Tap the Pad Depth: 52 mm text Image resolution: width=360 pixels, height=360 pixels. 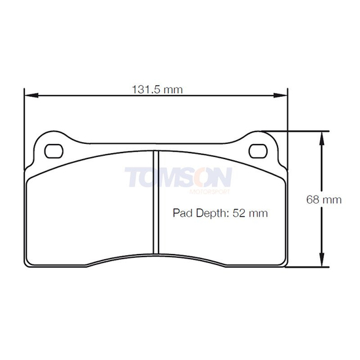pyautogui.click(x=220, y=213)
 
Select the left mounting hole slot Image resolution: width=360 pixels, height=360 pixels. pyautogui.click(x=52, y=149)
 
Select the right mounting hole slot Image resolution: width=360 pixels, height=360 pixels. pyautogui.click(x=259, y=149)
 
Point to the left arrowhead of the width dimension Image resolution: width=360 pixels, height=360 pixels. pyautogui.click(x=29, y=96)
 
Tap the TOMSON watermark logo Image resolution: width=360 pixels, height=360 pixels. pyautogui.click(x=178, y=177)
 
